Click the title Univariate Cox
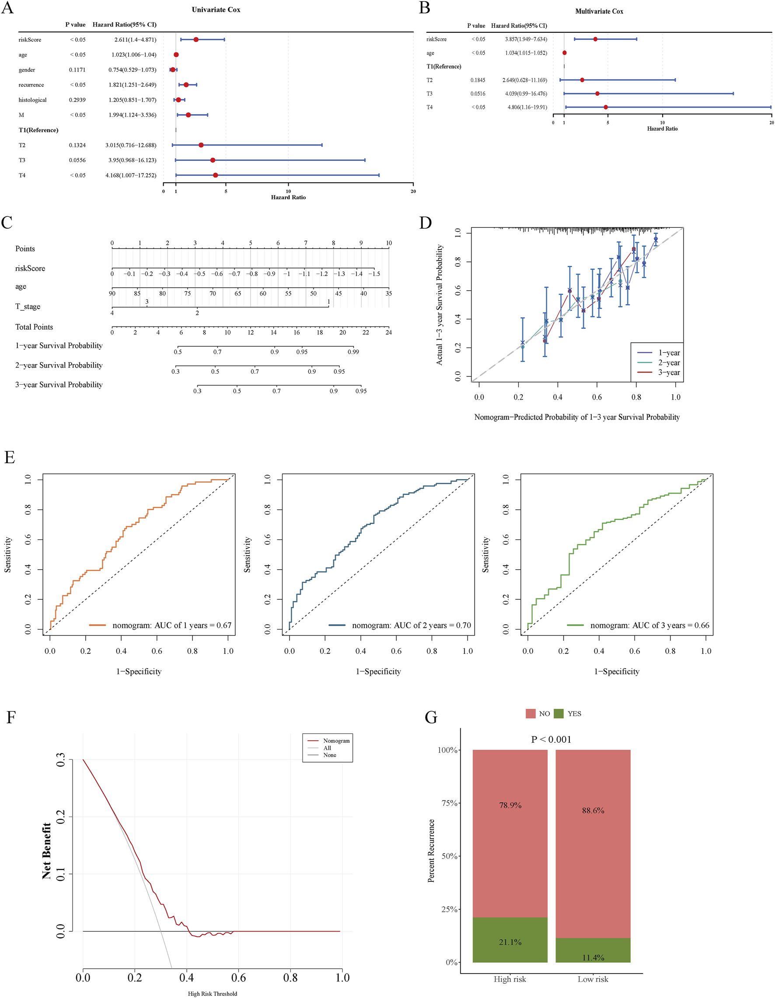[216, 10]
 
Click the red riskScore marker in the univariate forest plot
[196, 40]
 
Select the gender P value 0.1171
[77, 70]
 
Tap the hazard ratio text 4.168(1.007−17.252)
[131, 175]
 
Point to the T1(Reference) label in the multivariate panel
[443, 67]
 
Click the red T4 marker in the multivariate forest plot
[606, 108]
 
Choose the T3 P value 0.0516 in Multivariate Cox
[478, 94]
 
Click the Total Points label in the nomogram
[34, 327]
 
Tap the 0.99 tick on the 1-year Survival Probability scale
[353, 352]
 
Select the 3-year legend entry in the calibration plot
[668, 373]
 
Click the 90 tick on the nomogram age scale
[112, 293]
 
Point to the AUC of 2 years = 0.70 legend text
[411, 626]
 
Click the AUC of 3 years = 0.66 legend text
[649, 626]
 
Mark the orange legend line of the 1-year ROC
[98, 625]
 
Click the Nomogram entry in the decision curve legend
[336, 741]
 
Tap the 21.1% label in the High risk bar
[510, 942]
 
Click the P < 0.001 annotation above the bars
[551, 739]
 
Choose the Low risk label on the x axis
[593, 979]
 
